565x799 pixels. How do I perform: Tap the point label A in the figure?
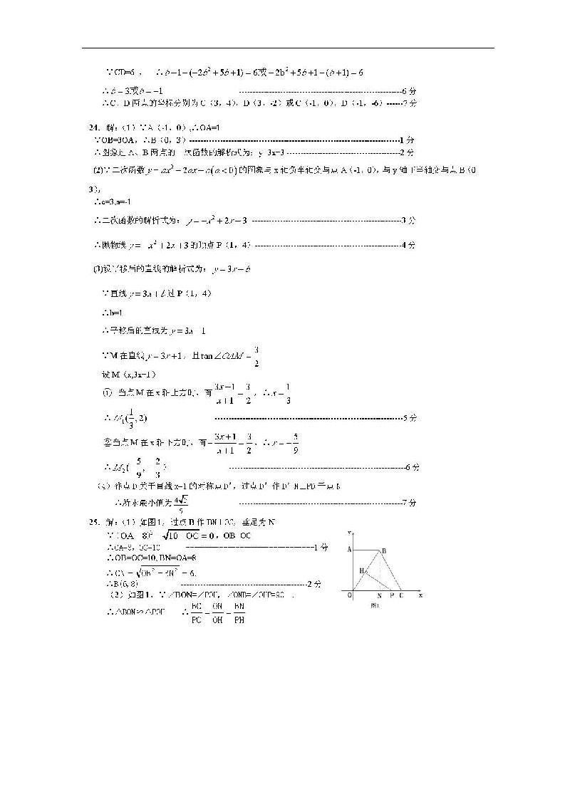pyautogui.click(x=349, y=549)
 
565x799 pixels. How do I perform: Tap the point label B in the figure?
pyautogui.click(x=383, y=550)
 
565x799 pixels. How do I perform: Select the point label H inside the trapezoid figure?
pyautogui.click(x=361, y=570)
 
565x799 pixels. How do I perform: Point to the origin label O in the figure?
pyautogui.click(x=349, y=595)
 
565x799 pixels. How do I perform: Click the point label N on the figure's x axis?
pyautogui.click(x=378, y=595)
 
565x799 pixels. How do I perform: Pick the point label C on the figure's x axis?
pyautogui.click(x=400, y=595)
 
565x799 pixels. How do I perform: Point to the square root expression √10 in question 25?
pyautogui.click(x=173, y=536)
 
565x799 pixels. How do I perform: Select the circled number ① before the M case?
pyautogui.click(x=108, y=392)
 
